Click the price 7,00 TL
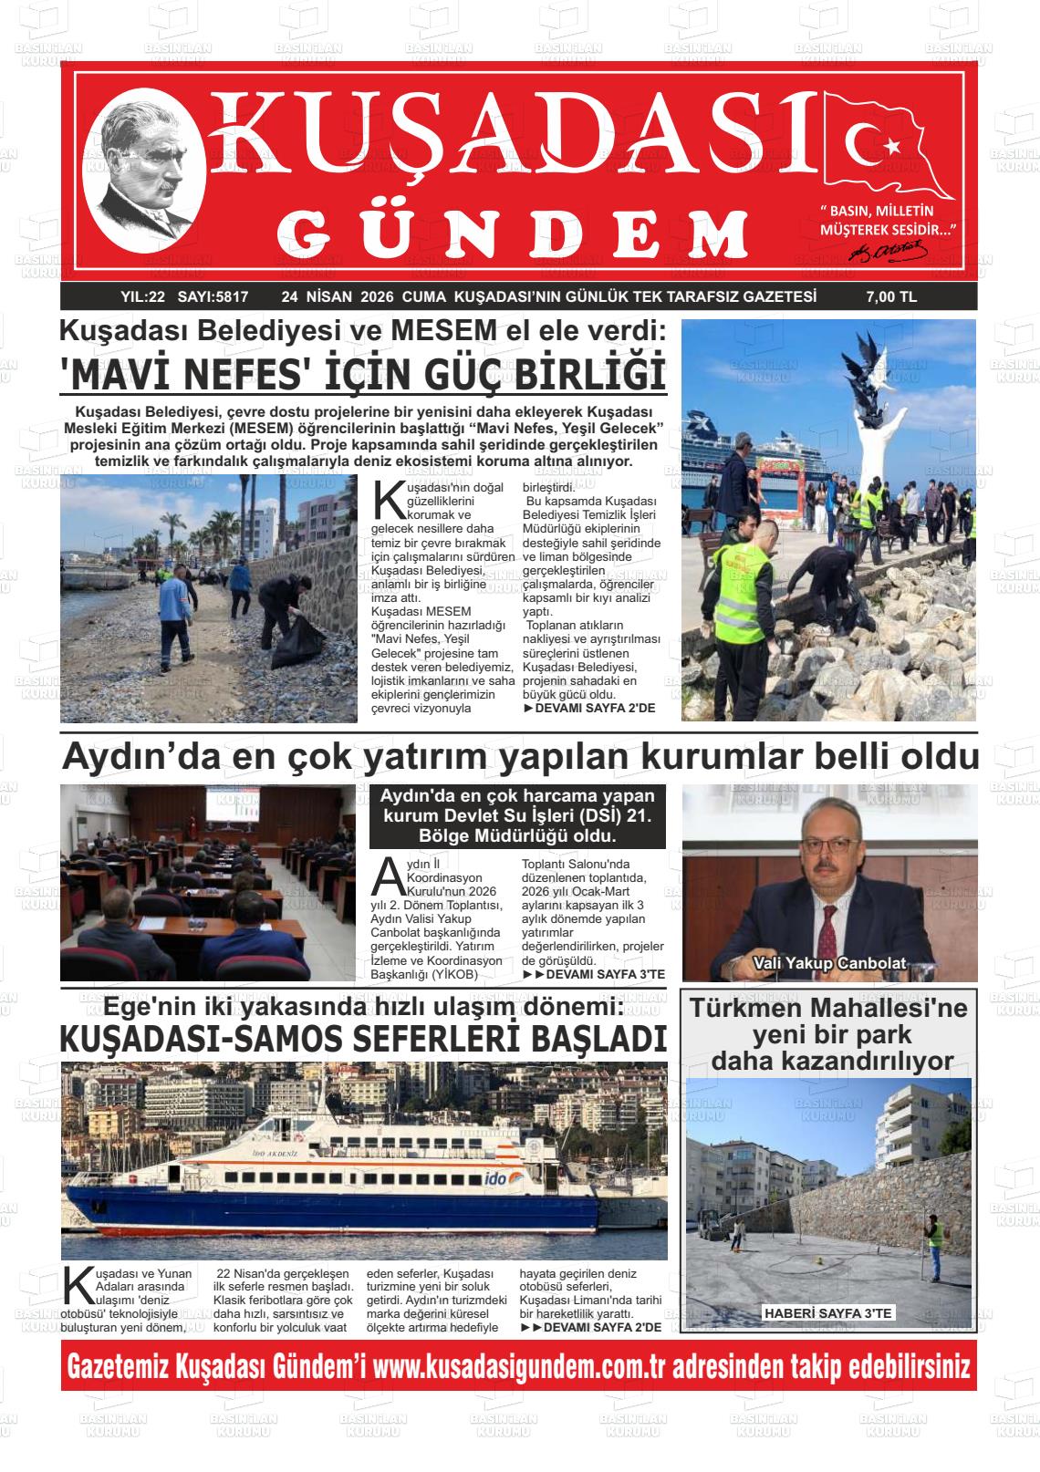tap(890, 296)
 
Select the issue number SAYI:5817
tap(213, 296)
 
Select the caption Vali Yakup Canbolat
tap(828, 963)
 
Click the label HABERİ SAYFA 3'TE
tap(828, 1312)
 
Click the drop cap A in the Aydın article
tap(387, 875)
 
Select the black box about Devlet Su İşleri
tap(517, 815)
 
